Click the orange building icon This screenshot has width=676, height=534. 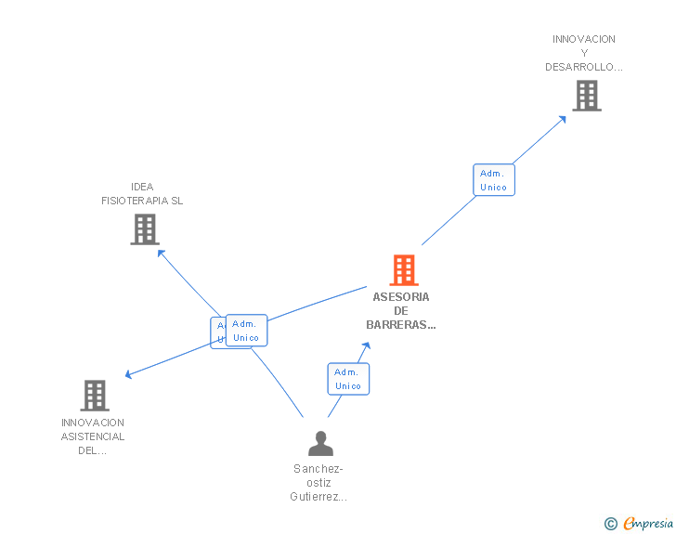point(404,270)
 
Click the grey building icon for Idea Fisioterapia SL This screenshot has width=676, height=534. point(145,229)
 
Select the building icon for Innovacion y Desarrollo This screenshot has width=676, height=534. point(586,96)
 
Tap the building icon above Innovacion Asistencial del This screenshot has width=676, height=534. point(95,396)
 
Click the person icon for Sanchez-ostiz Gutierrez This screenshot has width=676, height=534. point(320,444)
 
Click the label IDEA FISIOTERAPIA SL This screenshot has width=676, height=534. point(142,194)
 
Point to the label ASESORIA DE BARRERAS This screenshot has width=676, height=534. point(401,311)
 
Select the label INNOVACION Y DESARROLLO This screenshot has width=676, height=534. point(584,53)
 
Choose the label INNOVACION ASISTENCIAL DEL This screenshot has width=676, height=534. point(93,436)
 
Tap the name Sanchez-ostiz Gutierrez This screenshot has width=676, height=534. point(318,483)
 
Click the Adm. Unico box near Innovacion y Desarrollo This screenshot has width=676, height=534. point(493,180)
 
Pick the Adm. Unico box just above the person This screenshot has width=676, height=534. point(348,379)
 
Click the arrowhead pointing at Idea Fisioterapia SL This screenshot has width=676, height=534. point(161,252)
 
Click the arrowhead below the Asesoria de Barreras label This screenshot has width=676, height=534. point(366,345)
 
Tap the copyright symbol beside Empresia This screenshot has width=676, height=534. point(610,524)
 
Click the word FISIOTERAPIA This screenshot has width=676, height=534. point(135,201)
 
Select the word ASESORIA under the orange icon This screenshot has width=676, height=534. point(401,297)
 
